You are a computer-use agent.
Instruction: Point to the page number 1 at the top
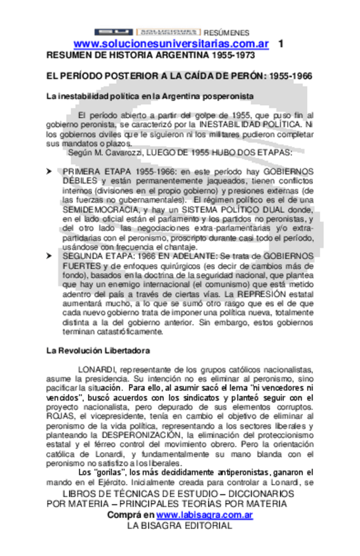[x=281, y=43]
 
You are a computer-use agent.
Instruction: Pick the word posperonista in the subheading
[x=219, y=96]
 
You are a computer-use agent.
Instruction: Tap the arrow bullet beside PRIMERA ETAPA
[x=49, y=170]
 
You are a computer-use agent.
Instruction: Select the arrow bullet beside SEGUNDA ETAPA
[x=49, y=256]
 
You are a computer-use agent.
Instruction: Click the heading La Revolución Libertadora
[x=98, y=351]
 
